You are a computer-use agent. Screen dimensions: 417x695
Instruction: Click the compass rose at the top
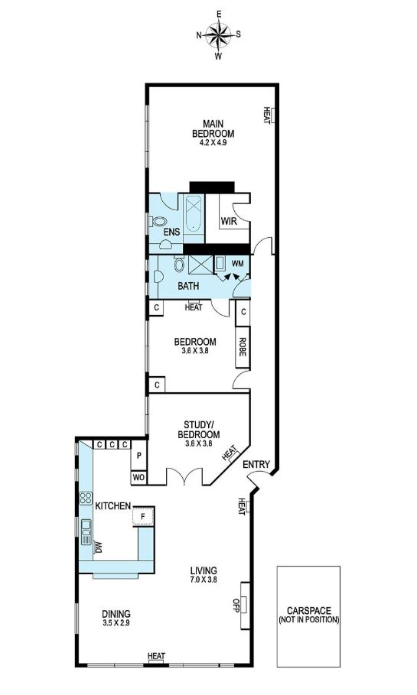click(219, 35)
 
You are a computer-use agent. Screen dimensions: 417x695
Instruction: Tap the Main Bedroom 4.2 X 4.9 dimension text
click(213, 143)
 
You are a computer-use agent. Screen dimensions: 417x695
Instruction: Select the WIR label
click(229, 221)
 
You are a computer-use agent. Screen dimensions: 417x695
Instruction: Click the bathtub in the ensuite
click(194, 213)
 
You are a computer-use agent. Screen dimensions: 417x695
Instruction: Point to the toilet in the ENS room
click(158, 221)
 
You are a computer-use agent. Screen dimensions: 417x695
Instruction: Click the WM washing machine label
click(238, 263)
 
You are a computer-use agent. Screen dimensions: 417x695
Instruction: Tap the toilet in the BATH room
click(179, 264)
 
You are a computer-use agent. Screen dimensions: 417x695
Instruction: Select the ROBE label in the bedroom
click(243, 347)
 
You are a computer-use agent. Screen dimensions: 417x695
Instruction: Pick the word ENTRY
click(256, 464)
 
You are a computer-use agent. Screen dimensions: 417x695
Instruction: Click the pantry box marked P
click(138, 455)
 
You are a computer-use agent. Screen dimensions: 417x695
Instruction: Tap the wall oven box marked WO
click(138, 478)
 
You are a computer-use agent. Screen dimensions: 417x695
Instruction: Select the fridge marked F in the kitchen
click(143, 516)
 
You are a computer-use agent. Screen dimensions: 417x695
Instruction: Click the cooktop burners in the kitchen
click(86, 498)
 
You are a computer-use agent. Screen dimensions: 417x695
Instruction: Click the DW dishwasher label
click(99, 547)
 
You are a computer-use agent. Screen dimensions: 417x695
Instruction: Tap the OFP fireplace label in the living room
click(236, 606)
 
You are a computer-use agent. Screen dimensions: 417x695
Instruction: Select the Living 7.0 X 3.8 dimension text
click(204, 579)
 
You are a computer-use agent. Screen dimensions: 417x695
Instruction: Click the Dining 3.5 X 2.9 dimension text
click(116, 622)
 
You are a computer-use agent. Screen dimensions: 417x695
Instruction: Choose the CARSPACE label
click(309, 611)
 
